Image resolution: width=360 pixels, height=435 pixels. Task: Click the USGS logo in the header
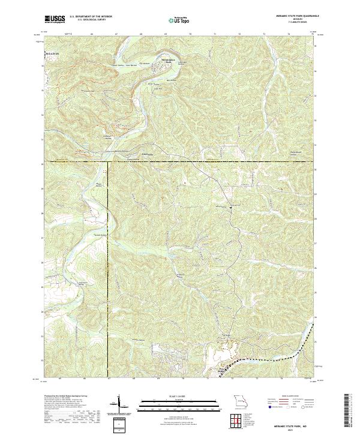pos(55,19)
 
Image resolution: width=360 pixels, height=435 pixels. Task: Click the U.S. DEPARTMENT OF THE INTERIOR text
pos(95,16)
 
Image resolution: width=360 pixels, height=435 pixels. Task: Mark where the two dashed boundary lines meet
pos(109,161)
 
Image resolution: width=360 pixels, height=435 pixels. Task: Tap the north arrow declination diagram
pos(120,403)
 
